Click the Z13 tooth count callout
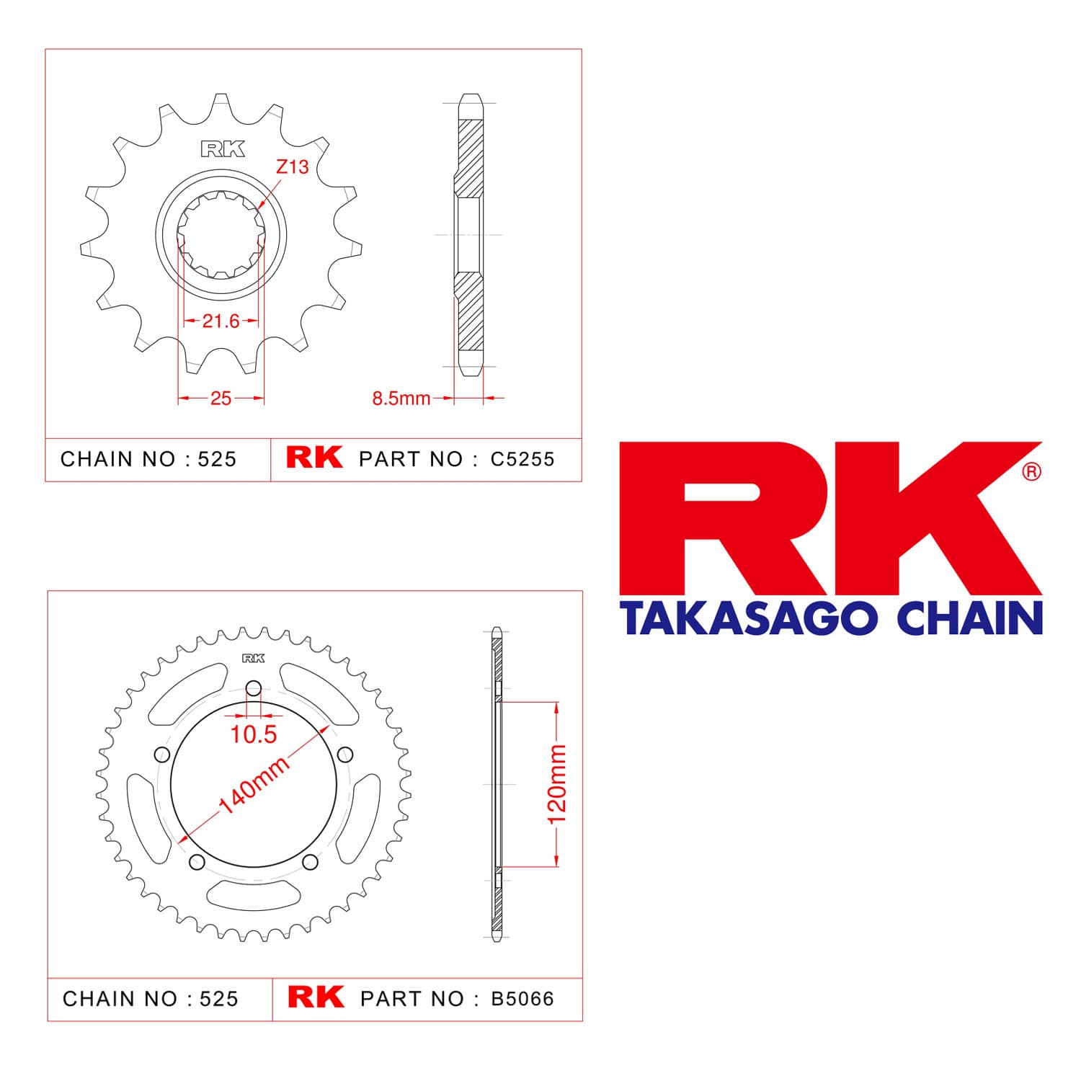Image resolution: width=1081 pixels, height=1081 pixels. click(292, 167)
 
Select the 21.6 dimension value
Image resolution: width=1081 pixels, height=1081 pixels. click(221, 321)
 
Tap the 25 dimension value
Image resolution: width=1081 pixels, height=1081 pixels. click(221, 398)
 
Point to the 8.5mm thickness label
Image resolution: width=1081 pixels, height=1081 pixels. click(401, 398)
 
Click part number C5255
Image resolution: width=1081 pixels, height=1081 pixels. click(522, 459)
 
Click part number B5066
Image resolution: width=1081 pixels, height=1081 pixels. click(522, 999)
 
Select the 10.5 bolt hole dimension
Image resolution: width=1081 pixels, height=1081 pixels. click(254, 734)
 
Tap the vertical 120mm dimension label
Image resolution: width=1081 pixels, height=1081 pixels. click(557, 784)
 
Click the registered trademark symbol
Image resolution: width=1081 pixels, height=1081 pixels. click(1032, 472)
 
